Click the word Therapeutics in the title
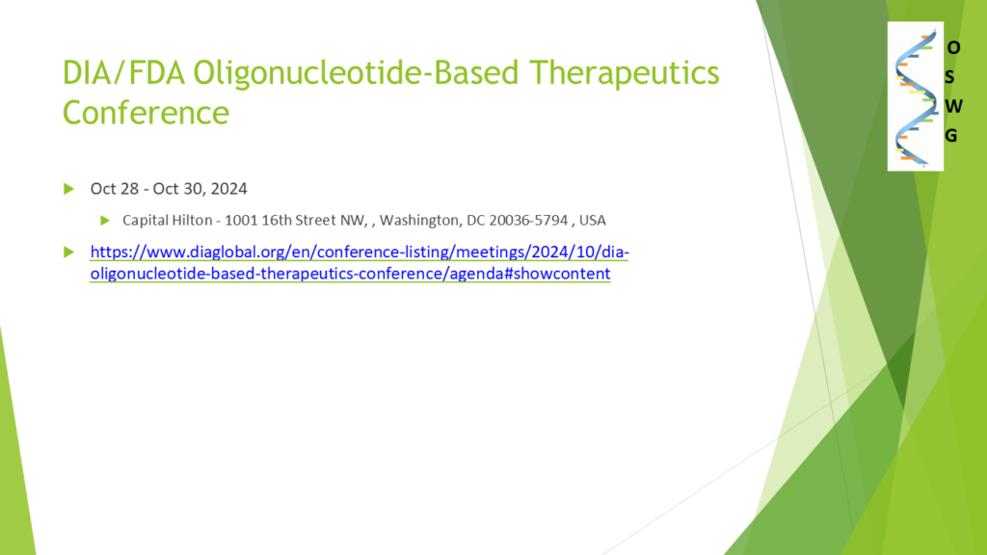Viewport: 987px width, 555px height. tap(624, 72)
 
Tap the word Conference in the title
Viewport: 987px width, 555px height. tap(146, 112)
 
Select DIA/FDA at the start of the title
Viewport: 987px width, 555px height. tap(123, 72)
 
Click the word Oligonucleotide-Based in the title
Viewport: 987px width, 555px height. tap(356, 72)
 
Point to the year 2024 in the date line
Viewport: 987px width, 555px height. tap(229, 189)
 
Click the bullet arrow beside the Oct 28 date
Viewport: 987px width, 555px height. tap(68, 189)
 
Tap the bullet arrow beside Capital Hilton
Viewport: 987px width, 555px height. tap(105, 221)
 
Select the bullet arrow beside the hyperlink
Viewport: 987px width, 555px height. tap(68, 252)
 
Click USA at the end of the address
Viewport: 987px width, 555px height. tap(593, 221)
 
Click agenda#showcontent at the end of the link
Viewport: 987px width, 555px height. tap(530, 274)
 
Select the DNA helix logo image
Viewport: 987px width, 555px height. tap(916, 96)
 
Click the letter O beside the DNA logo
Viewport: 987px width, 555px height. tap(953, 48)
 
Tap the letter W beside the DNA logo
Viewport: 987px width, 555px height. tap(953, 106)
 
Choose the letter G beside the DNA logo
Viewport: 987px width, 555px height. tap(951, 135)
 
